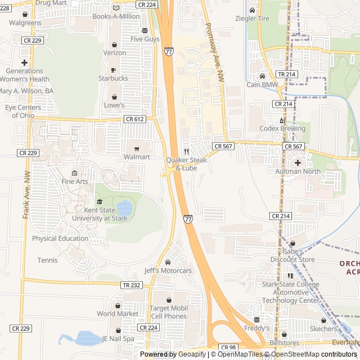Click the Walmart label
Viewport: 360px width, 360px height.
[137, 157]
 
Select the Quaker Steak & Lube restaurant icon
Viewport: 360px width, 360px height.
[186, 151]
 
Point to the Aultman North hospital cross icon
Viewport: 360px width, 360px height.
[298, 163]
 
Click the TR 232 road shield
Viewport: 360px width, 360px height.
[130, 285]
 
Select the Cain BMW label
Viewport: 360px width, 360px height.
[262, 85]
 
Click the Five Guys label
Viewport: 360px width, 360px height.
[145, 39]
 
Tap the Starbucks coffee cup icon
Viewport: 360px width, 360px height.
[113, 70]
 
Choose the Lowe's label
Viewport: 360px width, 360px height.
[114, 105]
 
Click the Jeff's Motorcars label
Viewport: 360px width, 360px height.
[168, 271]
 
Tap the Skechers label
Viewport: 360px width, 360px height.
[323, 328]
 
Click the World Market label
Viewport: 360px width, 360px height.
[118, 313]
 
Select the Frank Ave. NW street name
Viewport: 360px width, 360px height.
[26, 195]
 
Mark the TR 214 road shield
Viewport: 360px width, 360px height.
[285, 74]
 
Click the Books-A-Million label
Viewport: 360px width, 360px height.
[116, 16]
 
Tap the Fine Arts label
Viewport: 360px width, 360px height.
[75, 181]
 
